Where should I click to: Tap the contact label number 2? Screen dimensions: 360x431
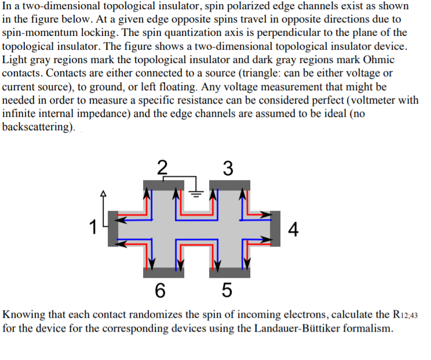pos(163,168)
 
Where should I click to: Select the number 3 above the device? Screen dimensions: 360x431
pos(228,168)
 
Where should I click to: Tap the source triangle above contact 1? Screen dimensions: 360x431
pos(105,194)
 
